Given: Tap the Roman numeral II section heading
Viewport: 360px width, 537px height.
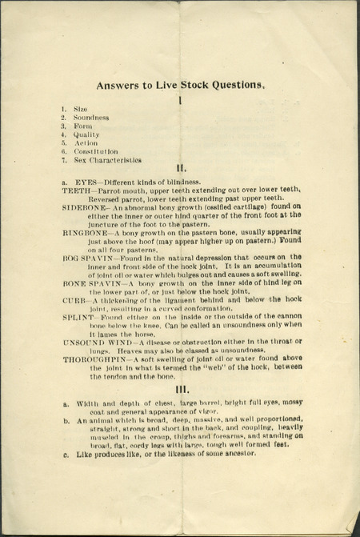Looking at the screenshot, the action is tap(182, 168).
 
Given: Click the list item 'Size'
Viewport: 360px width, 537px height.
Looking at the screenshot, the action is tap(82, 107).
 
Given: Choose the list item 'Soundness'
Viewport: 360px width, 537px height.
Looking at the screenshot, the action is tap(91, 117).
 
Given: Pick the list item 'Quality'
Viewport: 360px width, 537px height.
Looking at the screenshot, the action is tap(86, 134).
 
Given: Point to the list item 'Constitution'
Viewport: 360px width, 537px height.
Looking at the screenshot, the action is tap(96, 151).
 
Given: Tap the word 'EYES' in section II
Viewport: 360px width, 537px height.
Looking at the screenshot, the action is tap(85, 182).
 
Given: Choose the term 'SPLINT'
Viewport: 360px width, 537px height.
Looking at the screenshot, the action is tap(78, 317).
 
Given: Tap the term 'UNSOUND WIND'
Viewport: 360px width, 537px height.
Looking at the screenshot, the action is tap(93, 343).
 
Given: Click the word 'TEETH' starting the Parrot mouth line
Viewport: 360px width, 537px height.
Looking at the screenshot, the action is tap(77, 190).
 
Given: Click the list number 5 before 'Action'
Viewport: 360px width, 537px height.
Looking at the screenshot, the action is tap(63, 143).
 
